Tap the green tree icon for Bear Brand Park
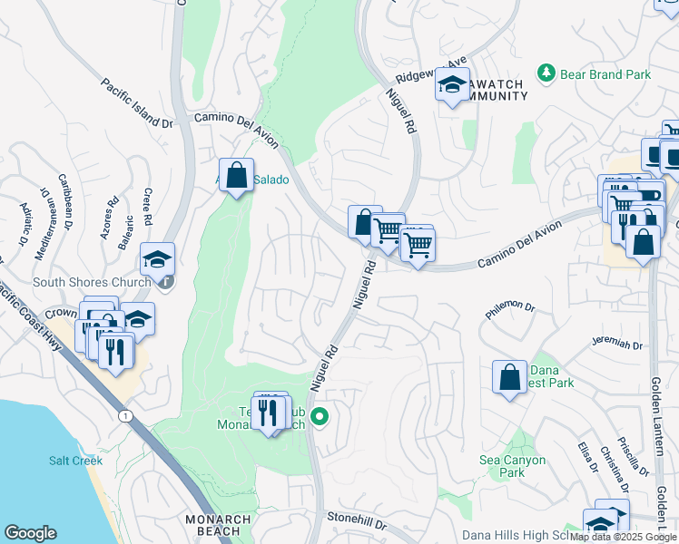pos(546,72)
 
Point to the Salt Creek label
pos(75,461)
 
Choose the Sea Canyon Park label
pos(513,466)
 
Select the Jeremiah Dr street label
pos(616,345)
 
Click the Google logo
pos(31,533)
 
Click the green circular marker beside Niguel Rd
pos(320,417)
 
